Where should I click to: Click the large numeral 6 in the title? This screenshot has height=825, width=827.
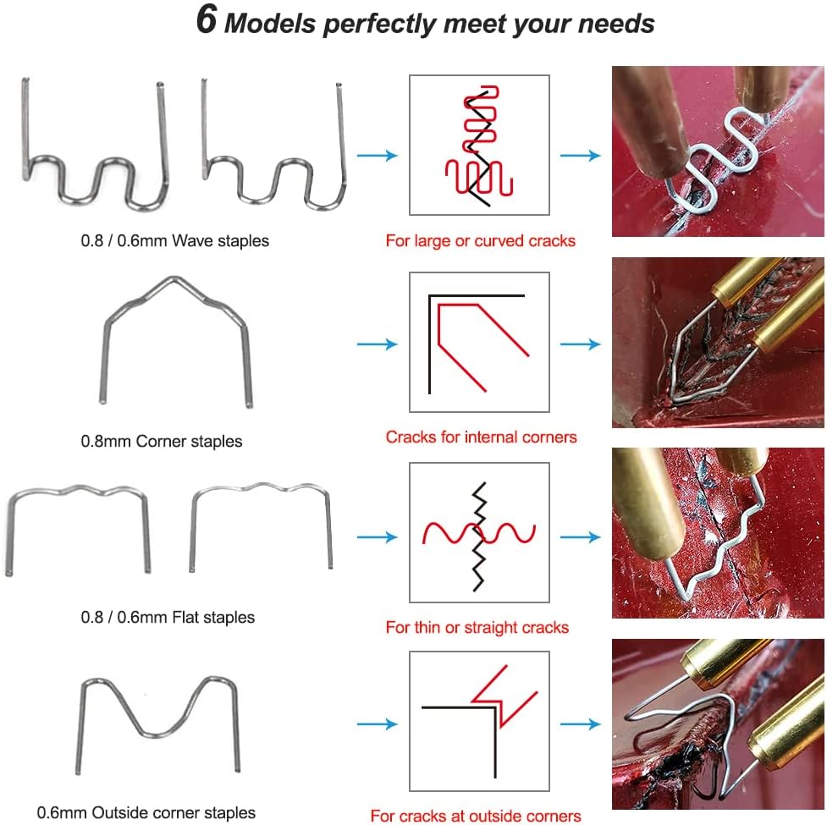click(x=207, y=19)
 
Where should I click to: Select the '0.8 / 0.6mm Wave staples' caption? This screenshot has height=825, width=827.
click(x=174, y=241)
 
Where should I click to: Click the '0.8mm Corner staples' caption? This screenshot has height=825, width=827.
click(x=162, y=441)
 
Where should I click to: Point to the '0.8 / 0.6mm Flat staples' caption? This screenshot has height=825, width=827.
click(x=168, y=618)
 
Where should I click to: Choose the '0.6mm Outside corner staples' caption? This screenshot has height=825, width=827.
click(x=146, y=812)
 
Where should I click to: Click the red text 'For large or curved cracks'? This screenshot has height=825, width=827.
click(x=481, y=241)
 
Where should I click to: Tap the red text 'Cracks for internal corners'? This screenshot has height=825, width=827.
click(x=481, y=437)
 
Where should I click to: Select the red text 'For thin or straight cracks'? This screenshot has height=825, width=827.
click(x=477, y=627)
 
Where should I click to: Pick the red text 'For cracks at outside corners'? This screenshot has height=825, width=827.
click(x=476, y=816)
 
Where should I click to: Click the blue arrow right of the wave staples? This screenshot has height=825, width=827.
click(x=378, y=156)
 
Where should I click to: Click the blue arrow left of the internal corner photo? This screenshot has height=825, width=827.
click(x=581, y=344)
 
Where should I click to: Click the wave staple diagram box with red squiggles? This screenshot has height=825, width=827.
click(x=479, y=145)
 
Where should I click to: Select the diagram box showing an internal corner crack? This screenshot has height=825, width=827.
click(x=479, y=342)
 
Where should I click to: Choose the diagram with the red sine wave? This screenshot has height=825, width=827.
click(x=479, y=532)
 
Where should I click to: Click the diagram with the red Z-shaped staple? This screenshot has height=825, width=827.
click(x=479, y=721)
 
